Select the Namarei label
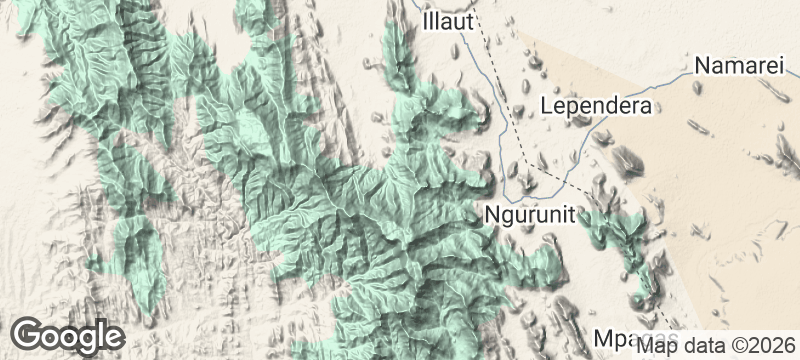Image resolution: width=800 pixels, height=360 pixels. (742, 67)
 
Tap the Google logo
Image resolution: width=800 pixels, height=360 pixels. (68, 335)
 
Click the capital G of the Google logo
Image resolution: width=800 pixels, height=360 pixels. (28, 334)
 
